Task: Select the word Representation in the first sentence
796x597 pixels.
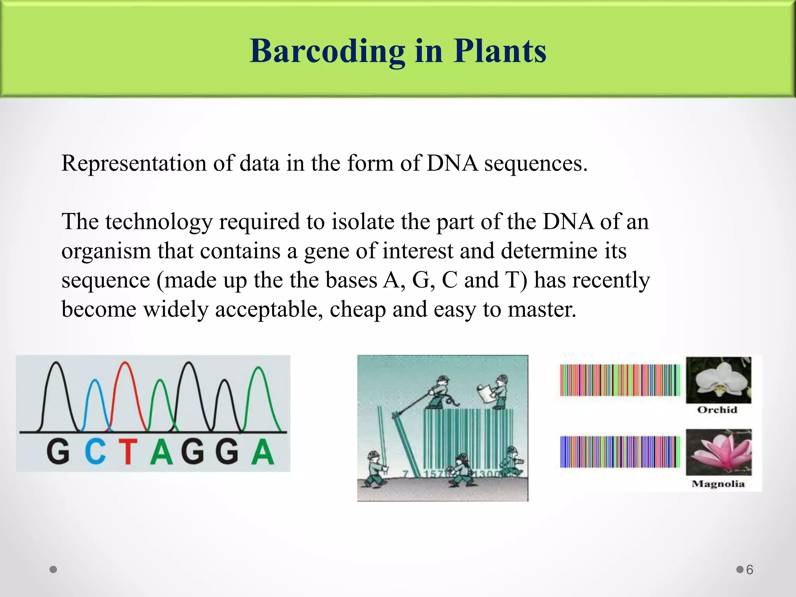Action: pyautogui.click(x=134, y=163)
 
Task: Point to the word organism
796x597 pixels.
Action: pyautogui.click(x=106, y=251)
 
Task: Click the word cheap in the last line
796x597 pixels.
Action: pyautogui.click(x=358, y=310)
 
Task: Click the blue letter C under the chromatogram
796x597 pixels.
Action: pyautogui.click(x=95, y=452)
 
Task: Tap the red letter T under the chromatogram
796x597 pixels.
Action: pyautogui.click(x=128, y=452)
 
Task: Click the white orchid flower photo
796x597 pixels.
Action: pyautogui.click(x=718, y=380)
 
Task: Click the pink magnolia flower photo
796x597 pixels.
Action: pyautogui.click(x=718, y=452)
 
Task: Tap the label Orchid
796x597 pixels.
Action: pyautogui.click(x=717, y=410)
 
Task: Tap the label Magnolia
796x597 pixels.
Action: pyautogui.click(x=718, y=484)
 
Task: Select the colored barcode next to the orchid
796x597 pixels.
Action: pyautogui.click(x=620, y=380)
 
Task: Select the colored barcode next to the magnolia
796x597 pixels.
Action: pyautogui.click(x=620, y=452)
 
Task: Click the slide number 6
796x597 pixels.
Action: pyautogui.click(x=750, y=570)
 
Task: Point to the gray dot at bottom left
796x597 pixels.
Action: pyautogui.click(x=54, y=569)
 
